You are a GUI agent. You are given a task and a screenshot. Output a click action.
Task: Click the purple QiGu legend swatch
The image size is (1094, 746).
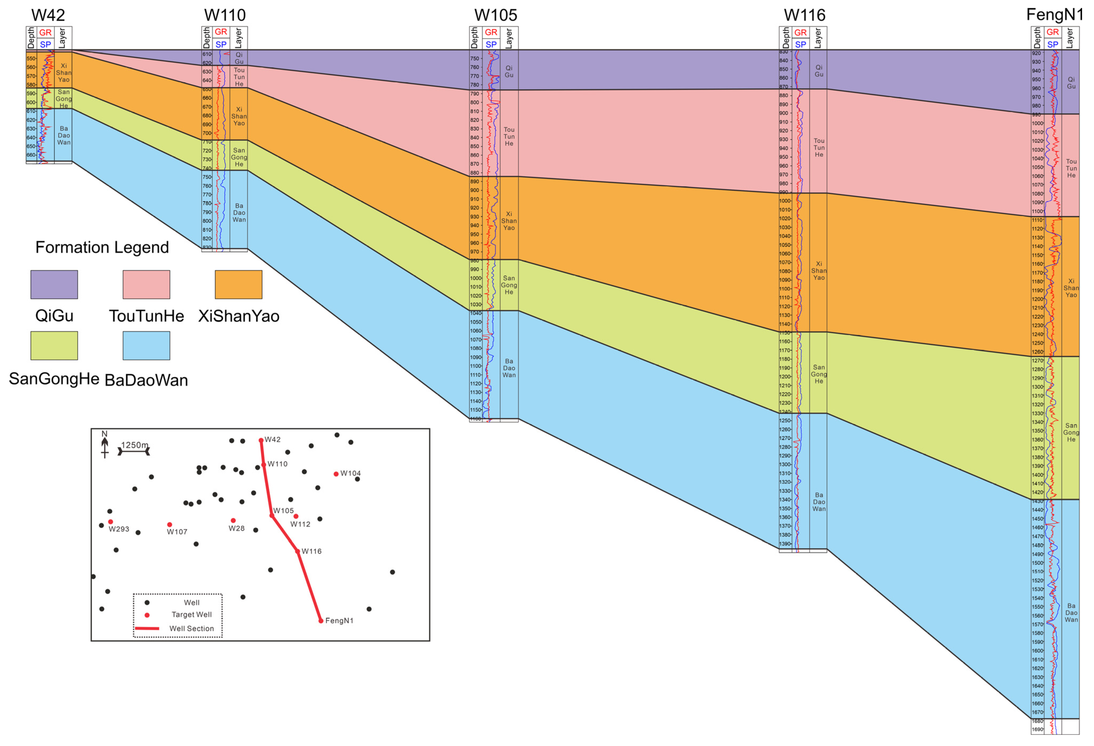pyautogui.click(x=54, y=285)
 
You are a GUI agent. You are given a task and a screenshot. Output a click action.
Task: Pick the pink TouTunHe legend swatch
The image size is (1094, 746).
pyautogui.click(x=146, y=285)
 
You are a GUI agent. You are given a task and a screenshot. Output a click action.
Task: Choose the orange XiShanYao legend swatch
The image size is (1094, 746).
pyautogui.click(x=238, y=285)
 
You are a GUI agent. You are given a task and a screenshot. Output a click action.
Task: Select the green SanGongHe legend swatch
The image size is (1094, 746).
pyautogui.click(x=54, y=346)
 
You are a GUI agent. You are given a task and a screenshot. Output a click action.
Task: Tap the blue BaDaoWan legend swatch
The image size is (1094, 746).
pyautogui.click(x=146, y=346)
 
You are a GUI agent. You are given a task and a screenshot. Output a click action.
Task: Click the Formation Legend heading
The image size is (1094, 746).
pyautogui.click(x=102, y=247)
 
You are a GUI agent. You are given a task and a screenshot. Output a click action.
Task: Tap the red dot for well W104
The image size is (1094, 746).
pyautogui.click(x=336, y=474)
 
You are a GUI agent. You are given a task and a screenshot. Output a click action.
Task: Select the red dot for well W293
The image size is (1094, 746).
pyautogui.click(x=111, y=522)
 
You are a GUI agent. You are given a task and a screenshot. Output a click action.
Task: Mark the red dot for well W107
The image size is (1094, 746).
pyautogui.click(x=169, y=525)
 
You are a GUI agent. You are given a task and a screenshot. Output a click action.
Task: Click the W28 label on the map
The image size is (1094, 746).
pyautogui.click(x=236, y=529)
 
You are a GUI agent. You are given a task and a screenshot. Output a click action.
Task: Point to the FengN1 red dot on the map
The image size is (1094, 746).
pyautogui.click(x=321, y=621)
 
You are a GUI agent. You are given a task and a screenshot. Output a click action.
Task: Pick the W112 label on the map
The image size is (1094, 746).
pyautogui.click(x=300, y=525)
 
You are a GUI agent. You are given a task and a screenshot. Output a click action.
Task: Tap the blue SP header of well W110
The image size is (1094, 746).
pyautogui.click(x=221, y=44)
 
